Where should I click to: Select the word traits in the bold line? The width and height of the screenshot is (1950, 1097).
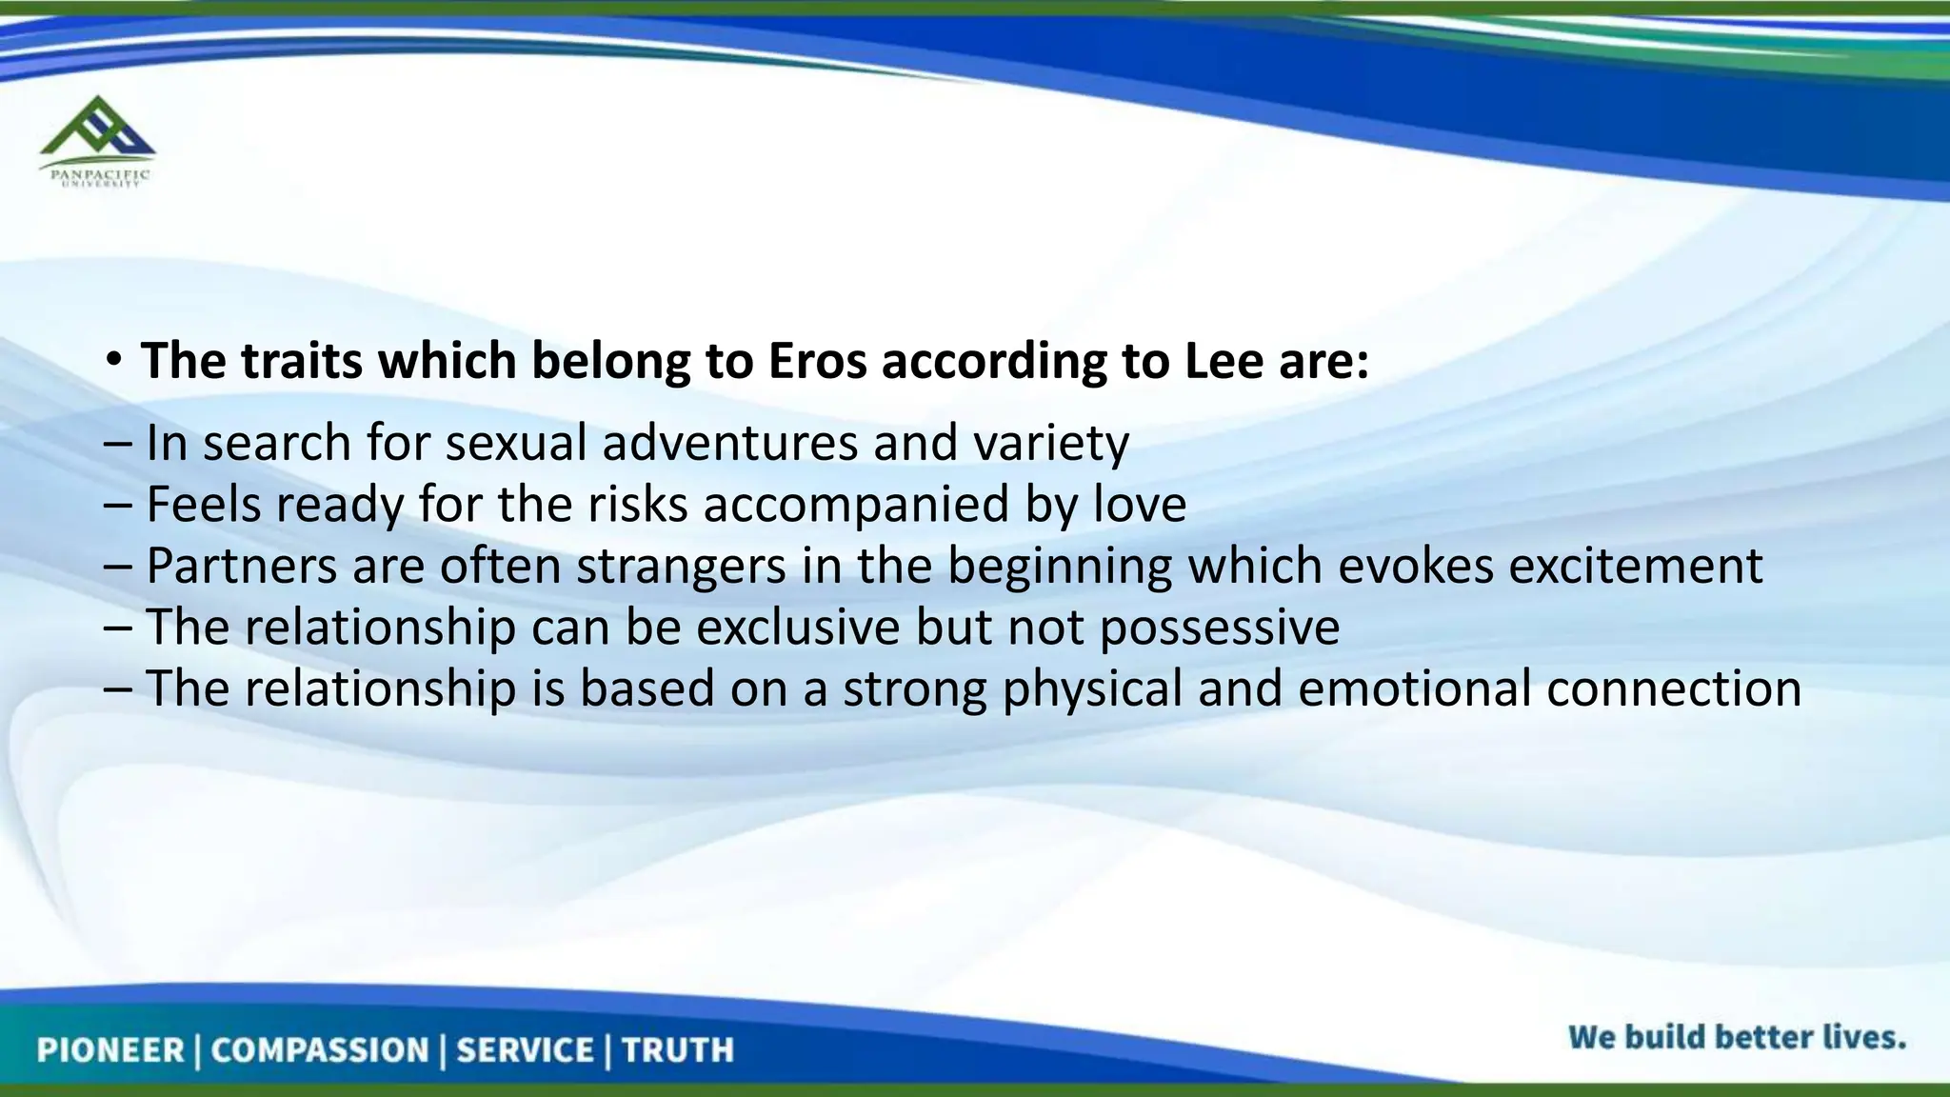tap(302, 362)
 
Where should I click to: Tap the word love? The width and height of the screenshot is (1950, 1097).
tap(1140, 505)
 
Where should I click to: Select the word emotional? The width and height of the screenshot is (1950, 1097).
tap(1414, 688)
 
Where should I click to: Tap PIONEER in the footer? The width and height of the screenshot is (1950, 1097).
tap(110, 1050)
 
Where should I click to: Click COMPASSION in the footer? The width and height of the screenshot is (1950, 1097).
tap(320, 1050)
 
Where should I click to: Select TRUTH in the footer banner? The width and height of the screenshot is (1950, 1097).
tap(678, 1050)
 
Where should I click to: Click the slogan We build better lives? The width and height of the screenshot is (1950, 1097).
tap(1737, 1037)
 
